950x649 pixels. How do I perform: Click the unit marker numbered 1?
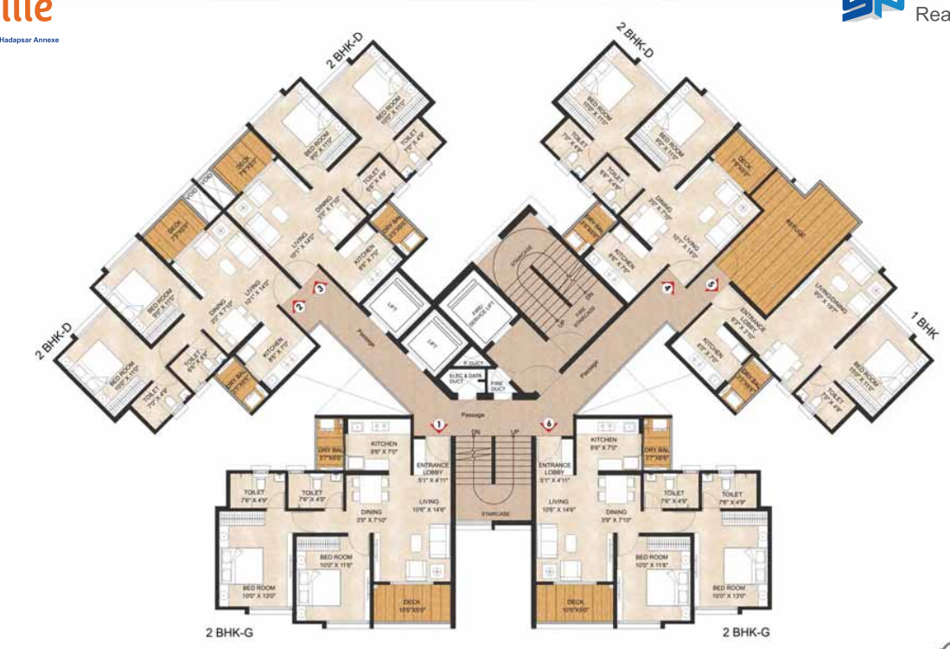(438, 424)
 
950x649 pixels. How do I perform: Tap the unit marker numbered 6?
(547, 423)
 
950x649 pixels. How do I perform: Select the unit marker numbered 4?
(667, 288)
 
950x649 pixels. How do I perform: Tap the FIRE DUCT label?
(497, 387)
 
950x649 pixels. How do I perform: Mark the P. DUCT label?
(471, 363)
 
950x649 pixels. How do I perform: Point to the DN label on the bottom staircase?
(475, 431)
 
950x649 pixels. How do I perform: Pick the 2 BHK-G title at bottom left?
(229, 632)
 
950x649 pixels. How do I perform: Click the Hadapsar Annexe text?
(29, 40)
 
